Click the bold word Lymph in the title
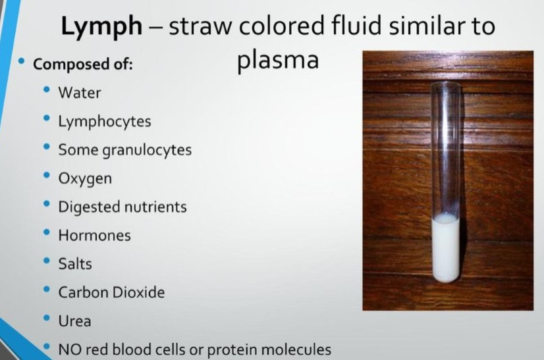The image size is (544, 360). pos(101,27)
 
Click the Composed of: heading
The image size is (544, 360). pos(83,64)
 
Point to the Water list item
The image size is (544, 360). pos(80,93)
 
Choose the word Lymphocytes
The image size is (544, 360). pos(105,122)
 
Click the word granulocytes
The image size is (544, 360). pos(147,150)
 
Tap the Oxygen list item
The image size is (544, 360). pos(85,179)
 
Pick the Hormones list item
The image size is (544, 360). pos(94,236)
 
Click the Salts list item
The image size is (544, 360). pos(75,264)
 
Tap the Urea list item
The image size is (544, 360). pos(74,321)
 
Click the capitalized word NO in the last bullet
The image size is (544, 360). pos(70,349)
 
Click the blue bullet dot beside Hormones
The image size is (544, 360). pos(47,232)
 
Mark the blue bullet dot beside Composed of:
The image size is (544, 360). pos(22,61)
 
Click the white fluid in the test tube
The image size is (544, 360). pos(446,248)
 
